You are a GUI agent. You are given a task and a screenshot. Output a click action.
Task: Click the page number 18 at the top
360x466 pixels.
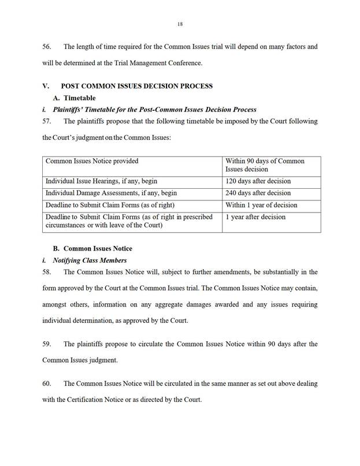click(180, 24)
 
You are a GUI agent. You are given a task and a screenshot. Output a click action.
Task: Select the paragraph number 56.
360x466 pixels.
click(47, 46)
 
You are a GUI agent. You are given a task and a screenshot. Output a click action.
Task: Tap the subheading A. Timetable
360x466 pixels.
click(75, 98)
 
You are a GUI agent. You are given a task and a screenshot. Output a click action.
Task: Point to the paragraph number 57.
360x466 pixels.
click(47, 121)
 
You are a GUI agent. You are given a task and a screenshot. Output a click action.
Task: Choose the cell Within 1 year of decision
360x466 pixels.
click(261, 205)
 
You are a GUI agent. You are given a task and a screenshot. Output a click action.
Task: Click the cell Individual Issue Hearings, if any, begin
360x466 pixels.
click(101, 181)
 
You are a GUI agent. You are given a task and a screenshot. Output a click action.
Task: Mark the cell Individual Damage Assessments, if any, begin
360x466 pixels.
click(111, 193)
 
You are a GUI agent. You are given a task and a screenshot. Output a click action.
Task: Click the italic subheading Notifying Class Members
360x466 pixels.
click(90, 260)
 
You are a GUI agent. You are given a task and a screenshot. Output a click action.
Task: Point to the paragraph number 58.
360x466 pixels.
click(47, 271)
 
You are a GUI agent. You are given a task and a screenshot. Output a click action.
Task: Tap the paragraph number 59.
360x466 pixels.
click(47, 344)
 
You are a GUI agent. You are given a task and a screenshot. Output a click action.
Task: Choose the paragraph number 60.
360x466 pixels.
click(47, 383)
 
